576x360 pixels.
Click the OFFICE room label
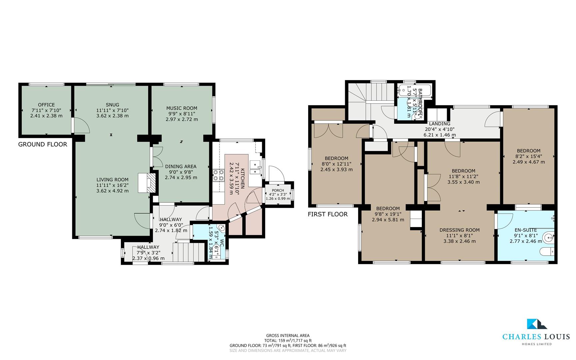tap(46, 105)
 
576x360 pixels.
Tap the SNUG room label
tap(112, 105)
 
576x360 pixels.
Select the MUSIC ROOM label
tap(182, 108)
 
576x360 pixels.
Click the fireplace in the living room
tap(147, 182)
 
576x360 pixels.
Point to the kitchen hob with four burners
tap(218, 175)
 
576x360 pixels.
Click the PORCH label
tap(278, 190)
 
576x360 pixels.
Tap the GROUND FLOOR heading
tap(43, 144)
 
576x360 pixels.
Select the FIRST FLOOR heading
tap(328, 214)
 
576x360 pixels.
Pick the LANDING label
tap(440, 124)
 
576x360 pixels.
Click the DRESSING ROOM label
tap(460, 230)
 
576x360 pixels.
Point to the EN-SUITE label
tap(526, 230)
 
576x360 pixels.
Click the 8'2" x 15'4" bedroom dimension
tap(529, 156)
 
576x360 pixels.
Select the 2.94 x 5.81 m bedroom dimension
tap(388, 220)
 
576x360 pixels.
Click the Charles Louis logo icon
tap(536, 324)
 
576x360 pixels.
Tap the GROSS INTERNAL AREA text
tap(288, 336)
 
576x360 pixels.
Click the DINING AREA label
tap(181, 166)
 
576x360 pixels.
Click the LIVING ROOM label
tap(112, 180)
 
